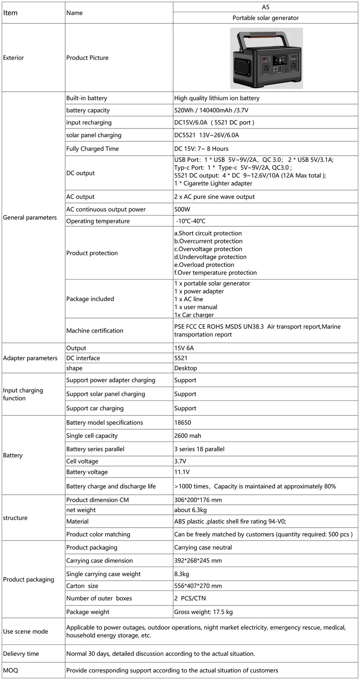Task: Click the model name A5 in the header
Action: pos(265,7)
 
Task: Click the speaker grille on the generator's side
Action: pos(242,66)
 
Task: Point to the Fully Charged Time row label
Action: pos(92,149)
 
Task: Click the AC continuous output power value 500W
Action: pos(182,209)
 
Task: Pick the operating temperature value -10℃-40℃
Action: pos(190,221)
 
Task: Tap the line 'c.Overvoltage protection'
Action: pos(208,249)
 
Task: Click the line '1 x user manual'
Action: pos(195,307)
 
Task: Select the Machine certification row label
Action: pos(95,331)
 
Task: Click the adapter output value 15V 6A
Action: pos(184,348)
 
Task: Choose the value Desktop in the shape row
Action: pos(185,368)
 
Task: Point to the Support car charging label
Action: pos(95,408)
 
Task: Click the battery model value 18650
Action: pos(183,423)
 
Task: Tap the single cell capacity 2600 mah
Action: pos(188,436)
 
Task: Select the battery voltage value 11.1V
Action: pos(182,472)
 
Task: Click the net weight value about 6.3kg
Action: pos(190,510)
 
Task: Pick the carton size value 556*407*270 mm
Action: pos(198,586)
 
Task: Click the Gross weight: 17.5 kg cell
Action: pos(203,612)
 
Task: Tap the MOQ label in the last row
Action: pos(10,670)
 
